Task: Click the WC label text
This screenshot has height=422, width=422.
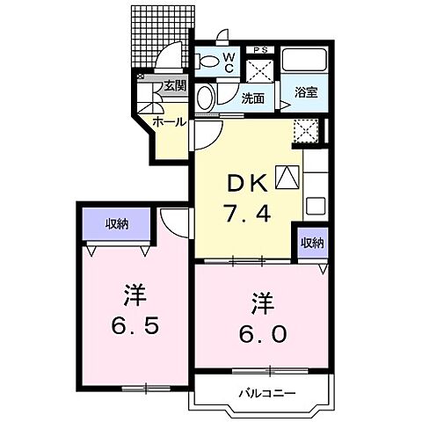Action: (227, 62)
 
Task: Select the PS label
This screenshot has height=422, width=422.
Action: (260, 49)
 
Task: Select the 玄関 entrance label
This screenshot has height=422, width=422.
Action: (174, 86)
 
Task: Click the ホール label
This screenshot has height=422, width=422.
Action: (169, 121)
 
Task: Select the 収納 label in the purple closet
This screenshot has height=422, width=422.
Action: (117, 224)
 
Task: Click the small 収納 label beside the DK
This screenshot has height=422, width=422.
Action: (311, 242)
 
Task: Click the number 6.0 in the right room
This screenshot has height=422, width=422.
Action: (261, 335)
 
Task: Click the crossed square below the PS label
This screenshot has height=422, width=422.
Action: (261, 69)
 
